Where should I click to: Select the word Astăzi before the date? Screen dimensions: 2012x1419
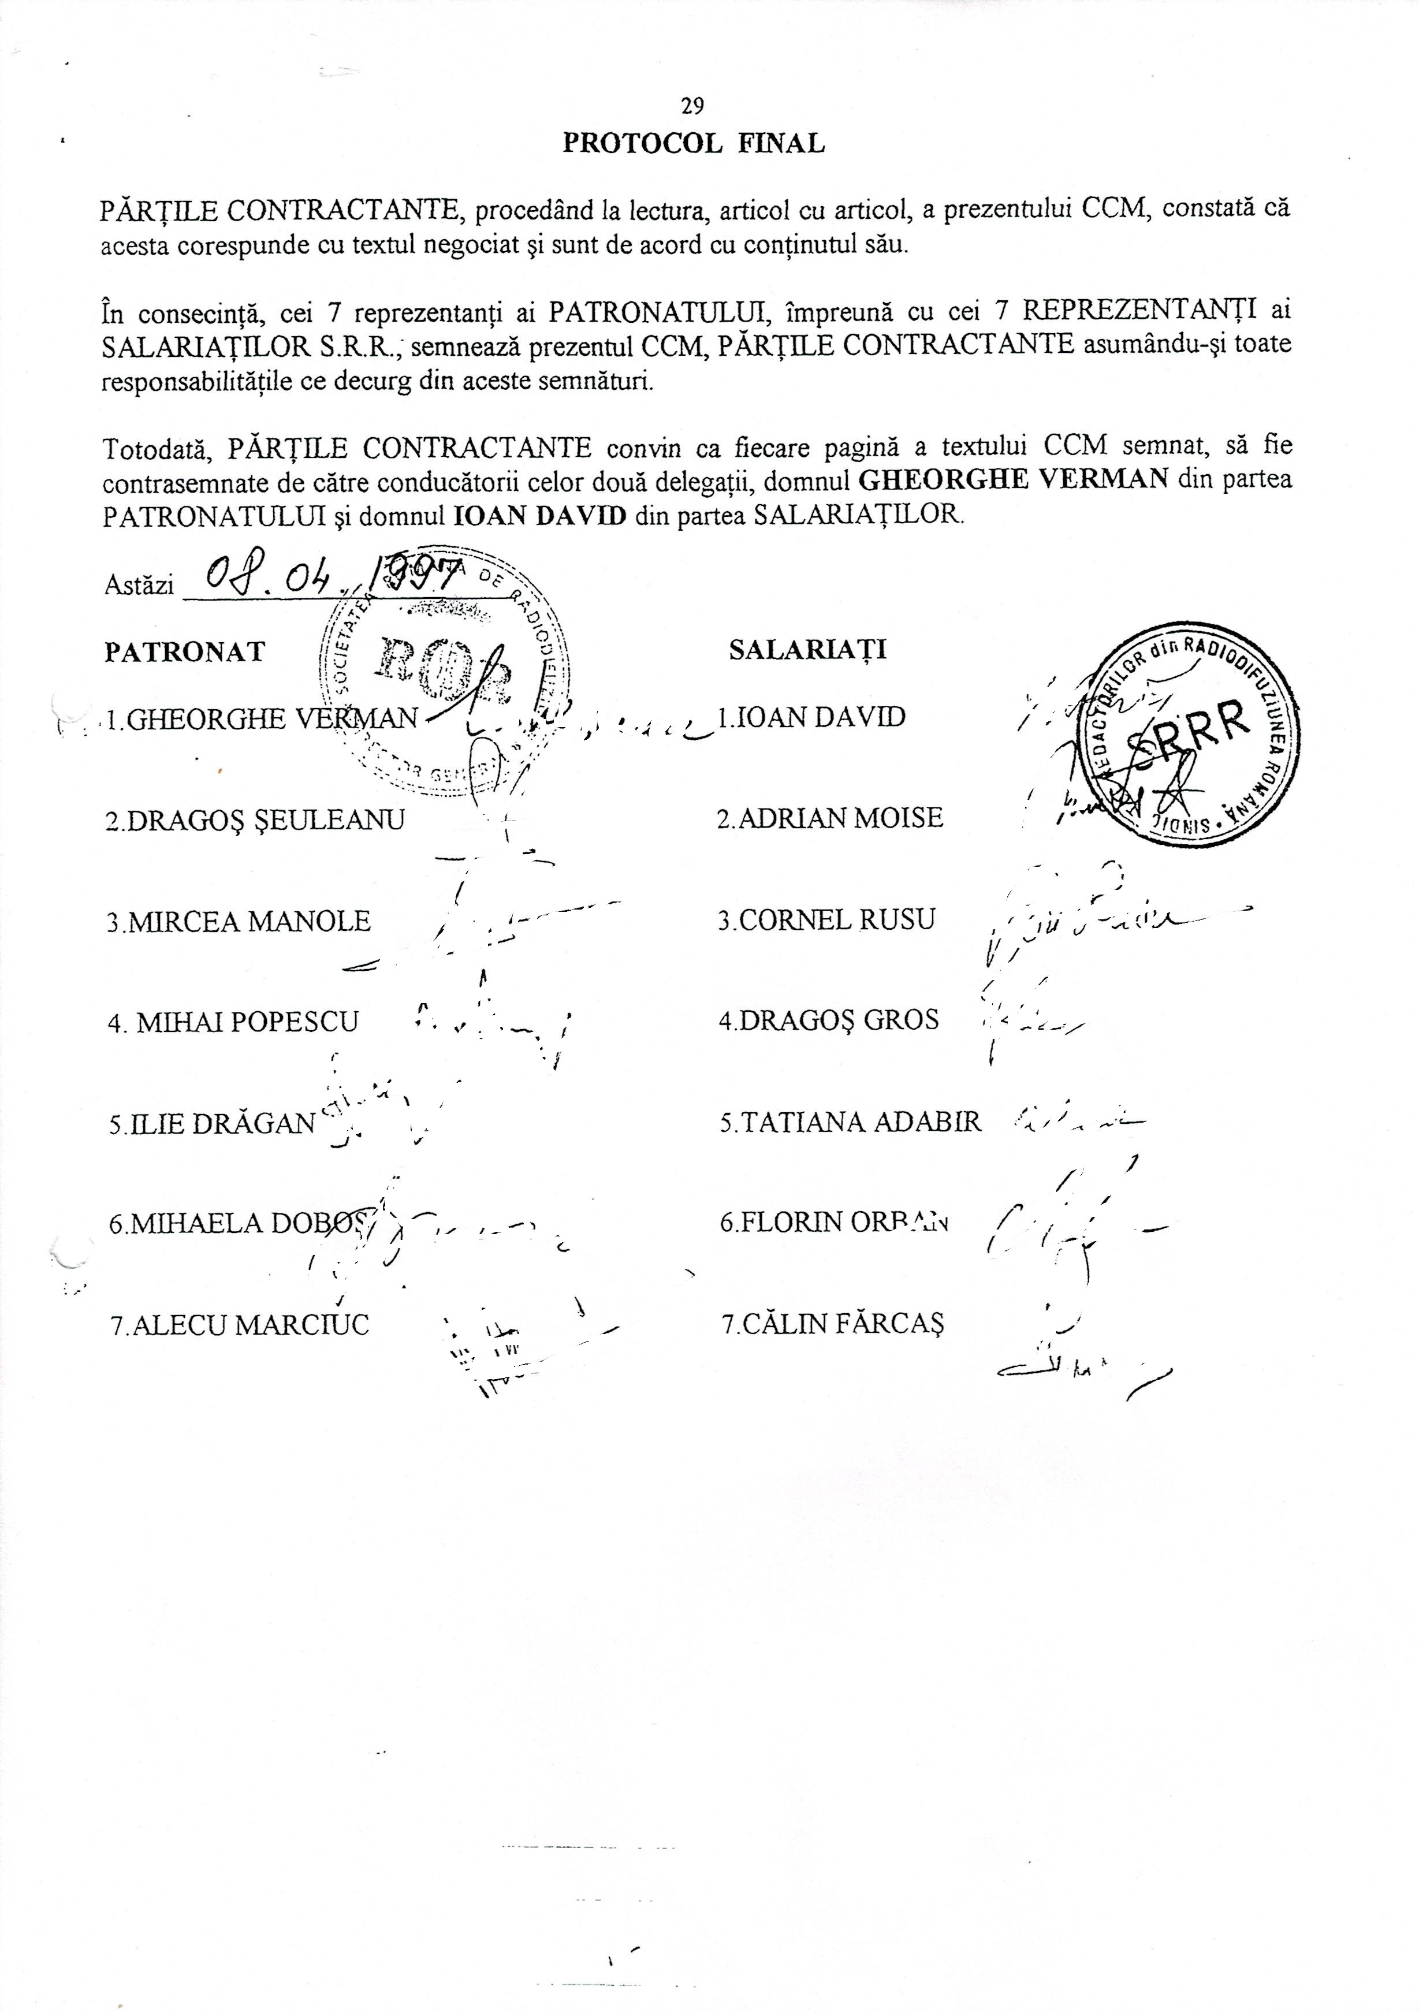point(139,586)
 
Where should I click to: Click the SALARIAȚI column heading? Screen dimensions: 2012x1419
point(807,649)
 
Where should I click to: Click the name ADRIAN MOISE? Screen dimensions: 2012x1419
point(830,818)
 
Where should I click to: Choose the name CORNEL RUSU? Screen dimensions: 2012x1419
point(826,920)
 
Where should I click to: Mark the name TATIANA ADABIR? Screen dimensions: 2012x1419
point(850,1123)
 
